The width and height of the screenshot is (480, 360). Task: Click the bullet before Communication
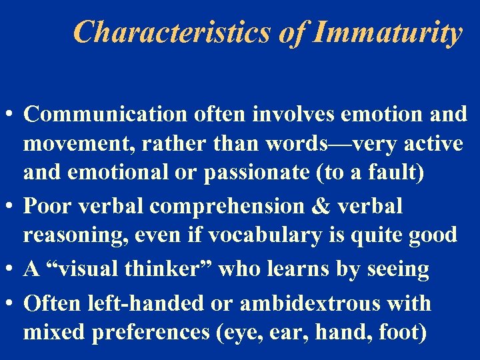11,115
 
